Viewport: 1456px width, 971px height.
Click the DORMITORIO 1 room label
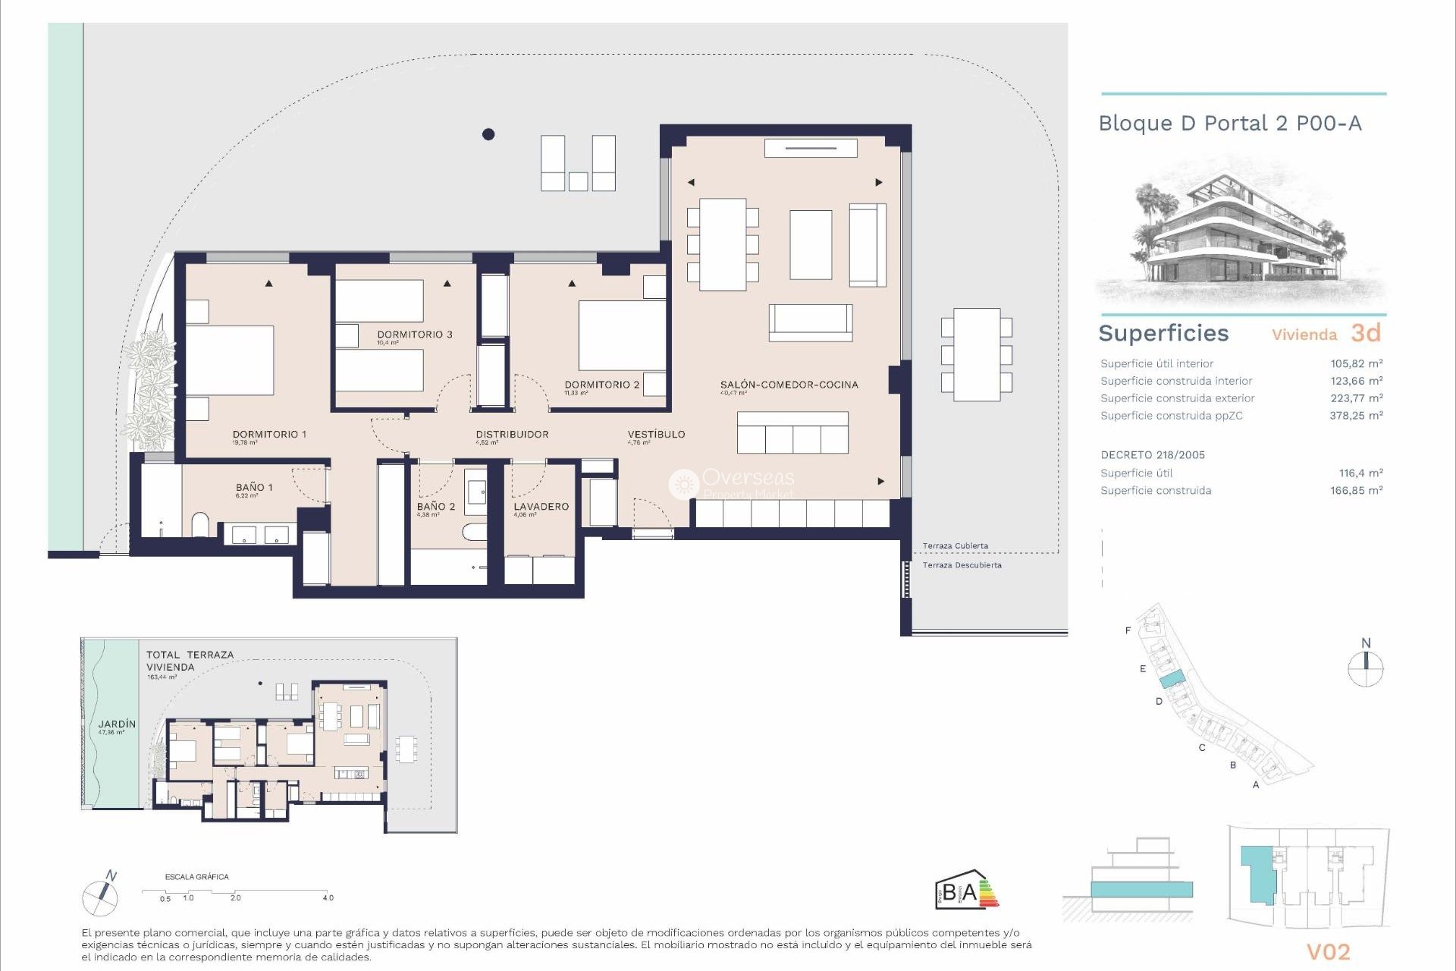(x=269, y=435)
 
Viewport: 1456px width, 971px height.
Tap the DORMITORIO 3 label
(x=414, y=335)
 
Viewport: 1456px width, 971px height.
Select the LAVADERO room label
(x=541, y=507)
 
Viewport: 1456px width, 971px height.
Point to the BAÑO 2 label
(x=435, y=507)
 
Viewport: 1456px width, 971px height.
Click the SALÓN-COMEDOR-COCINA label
(x=789, y=385)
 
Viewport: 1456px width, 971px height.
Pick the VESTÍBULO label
(x=656, y=435)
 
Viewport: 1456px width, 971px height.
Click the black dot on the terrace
(x=488, y=134)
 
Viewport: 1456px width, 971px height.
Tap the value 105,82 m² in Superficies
(x=1356, y=364)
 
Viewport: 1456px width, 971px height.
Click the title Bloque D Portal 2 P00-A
(x=1229, y=124)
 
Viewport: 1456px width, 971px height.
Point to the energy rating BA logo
(x=966, y=891)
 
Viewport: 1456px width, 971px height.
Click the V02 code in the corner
(x=1328, y=952)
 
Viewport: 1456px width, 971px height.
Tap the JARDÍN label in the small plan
(x=117, y=724)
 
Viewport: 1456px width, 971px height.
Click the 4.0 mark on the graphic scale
(x=328, y=898)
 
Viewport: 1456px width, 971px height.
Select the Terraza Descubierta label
(x=962, y=565)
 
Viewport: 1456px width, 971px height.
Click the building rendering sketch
(x=1240, y=235)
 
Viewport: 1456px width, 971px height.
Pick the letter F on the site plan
(x=1128, y=630)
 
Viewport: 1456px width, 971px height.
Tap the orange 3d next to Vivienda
(x=1365, y=333)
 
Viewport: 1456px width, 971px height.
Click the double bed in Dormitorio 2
(x=621, y=335)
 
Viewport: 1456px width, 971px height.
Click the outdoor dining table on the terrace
(x=976, y=354)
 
